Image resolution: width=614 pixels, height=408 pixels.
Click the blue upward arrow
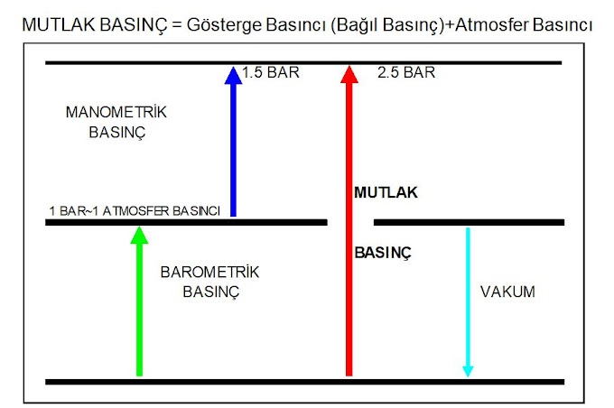[x=233, y=144]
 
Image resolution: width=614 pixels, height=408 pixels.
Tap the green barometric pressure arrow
[x=138, y=307]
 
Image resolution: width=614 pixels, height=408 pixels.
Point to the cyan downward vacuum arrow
[x=468, y=298]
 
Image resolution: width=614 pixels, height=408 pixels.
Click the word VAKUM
[x=507, y=292]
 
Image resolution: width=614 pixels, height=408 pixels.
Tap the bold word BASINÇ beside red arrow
[x=382, y=255]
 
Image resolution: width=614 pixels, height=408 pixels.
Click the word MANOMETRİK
[x=117, y=113]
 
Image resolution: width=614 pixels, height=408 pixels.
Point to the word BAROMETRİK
[x=209, y=272]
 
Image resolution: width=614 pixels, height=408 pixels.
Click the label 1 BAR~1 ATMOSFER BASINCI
[x=135, y=211]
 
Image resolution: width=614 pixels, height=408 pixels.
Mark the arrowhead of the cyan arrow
[x=468, y=370]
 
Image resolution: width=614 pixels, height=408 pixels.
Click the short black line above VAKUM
[x=469, y=222]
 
